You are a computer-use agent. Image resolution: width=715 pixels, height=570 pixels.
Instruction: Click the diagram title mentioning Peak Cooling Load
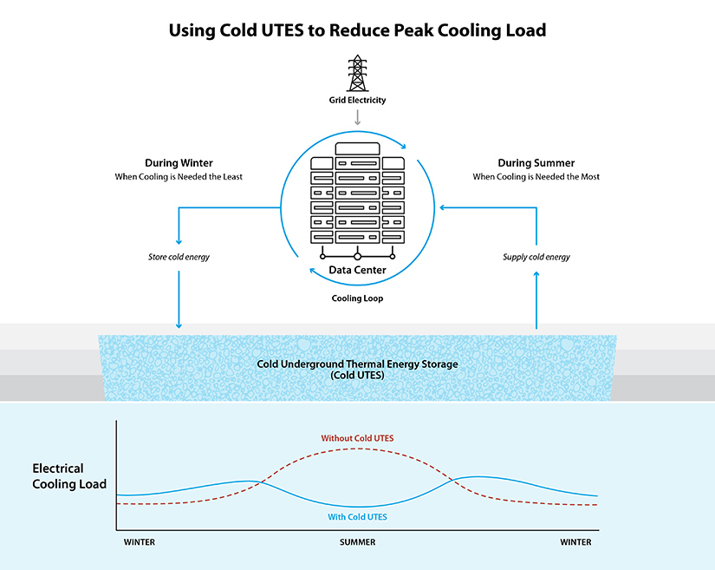tap(357, 30)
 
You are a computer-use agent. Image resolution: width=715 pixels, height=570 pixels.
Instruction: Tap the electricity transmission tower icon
tap(357, 73)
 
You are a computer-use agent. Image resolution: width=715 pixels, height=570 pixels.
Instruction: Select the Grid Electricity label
tap(357, 101)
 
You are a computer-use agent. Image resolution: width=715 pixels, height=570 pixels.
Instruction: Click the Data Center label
tap(357, 271)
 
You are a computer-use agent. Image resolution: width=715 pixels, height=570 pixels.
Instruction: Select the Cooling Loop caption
tap(357, 298)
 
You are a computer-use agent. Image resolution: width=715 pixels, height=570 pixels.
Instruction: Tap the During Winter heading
tap(179, 163)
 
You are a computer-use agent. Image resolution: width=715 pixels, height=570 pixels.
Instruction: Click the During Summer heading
tap(536, 163)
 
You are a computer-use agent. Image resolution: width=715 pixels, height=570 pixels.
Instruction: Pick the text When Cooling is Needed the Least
tap(179, 177)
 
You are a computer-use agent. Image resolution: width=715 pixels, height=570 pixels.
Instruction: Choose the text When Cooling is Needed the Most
tap(536, 177)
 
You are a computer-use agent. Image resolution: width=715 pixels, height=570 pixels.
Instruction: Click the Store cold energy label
tap(179, 257)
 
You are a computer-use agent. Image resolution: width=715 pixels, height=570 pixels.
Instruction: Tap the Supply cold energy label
tap(536, 257)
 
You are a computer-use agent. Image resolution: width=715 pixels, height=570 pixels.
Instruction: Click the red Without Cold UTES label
tap(357, 438)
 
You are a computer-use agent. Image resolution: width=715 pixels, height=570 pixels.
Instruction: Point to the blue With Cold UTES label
tap(357, 517)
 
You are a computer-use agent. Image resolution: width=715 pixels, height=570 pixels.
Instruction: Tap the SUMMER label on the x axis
tap(357, 542)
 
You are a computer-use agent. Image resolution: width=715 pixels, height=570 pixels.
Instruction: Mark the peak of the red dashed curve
tap(357, 449)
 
